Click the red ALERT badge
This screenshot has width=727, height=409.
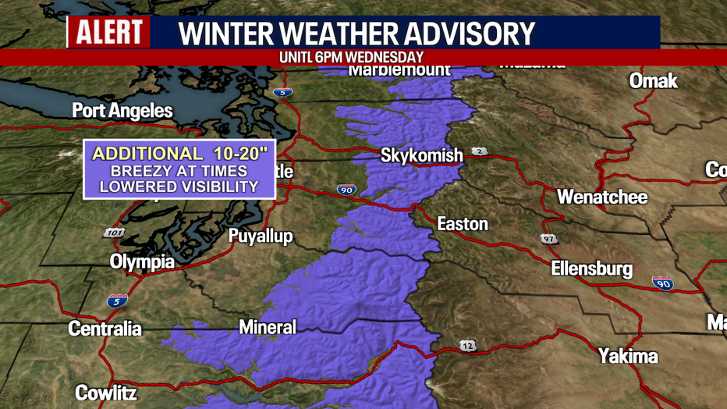[109, 33]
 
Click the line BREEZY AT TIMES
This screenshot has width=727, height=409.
[179, 170]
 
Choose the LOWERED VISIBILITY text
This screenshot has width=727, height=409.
[179, 187]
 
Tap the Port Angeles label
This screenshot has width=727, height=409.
[122, 111]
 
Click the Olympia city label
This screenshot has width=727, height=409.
[142, 262]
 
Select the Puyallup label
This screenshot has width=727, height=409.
[260, 237]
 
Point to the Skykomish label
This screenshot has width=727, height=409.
[421, 155]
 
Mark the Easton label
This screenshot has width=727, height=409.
[462, 225]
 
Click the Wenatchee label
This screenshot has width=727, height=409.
[601, 197]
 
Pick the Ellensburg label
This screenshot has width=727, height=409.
[591, 269]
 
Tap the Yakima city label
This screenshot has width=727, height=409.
[628, 357]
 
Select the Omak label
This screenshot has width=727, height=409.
[653, 81]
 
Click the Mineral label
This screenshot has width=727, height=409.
[267, 327]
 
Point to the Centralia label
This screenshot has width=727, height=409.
[105, 329]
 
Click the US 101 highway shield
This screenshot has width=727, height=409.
[113, 233]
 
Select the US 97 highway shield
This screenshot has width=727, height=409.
[549, 238]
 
